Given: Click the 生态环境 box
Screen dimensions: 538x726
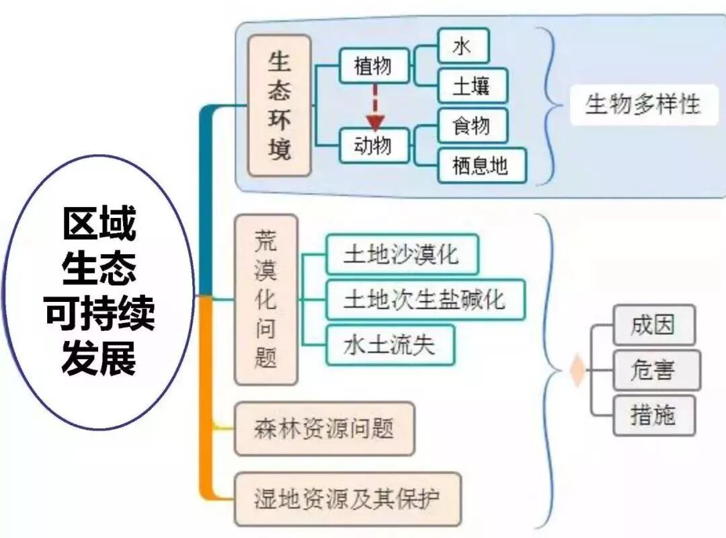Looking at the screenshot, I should tap(280, 106).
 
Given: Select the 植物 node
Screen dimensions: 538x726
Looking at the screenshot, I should tap(374, 66).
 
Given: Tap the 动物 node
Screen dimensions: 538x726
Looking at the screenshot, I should tap(374, 145).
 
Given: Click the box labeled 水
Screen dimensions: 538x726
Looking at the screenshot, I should tap(463, 46).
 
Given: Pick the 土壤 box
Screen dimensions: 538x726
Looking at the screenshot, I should tap(472, 85).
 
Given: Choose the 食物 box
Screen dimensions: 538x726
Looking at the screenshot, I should tap(472, 126).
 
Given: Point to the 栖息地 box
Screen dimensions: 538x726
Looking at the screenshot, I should tap(481, 165).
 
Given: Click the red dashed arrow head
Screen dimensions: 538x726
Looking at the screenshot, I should tap(374, 122).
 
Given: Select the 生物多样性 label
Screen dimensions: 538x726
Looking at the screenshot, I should tap(643, 105).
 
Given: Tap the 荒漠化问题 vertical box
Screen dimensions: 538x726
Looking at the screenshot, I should tap(266, 300).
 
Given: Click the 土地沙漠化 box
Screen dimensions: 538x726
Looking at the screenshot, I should tap(402, 255).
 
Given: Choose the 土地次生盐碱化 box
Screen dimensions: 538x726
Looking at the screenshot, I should tap(425, 299).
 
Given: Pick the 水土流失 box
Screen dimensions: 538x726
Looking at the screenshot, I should tap(390, 344).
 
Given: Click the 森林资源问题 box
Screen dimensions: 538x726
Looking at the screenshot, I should tap(324, 428).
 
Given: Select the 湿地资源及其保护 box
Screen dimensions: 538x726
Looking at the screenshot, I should tap(348, 499).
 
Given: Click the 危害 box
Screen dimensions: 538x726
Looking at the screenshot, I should tap(656, 370).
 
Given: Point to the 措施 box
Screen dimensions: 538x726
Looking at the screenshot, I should tap(653, 415).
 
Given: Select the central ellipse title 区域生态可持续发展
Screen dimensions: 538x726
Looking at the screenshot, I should tap(99, 293).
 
